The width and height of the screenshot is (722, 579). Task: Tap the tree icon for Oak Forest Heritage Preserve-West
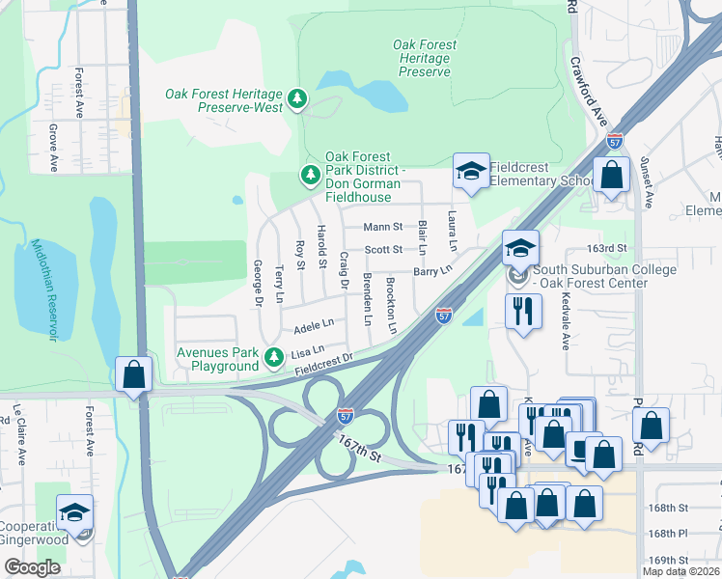tap(298, 99)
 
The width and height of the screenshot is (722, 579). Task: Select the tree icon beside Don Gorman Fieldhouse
tap(310, 176)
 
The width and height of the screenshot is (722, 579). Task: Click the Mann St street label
tap(382, 227)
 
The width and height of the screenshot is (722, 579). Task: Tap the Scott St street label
tap(383, 249)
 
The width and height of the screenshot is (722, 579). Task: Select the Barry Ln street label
tap(432, 272)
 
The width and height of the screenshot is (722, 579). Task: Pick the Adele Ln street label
tap(313, 323)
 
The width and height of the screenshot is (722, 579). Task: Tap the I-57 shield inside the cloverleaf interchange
tap(345, 415)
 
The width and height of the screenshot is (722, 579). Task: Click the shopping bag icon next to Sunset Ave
tap(611, 177)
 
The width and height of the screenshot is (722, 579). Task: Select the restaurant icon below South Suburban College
tap(521, 311)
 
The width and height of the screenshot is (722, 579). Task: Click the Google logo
tap(32, 567)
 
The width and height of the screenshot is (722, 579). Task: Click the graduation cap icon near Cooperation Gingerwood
tap(74, 514)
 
